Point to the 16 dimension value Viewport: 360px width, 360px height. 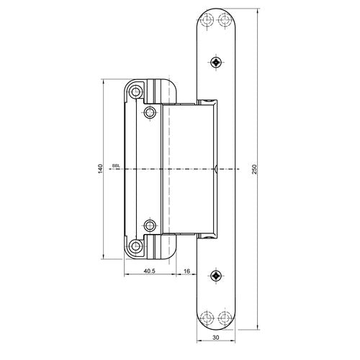point(187,271)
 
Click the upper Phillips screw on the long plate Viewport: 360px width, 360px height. point(216,63)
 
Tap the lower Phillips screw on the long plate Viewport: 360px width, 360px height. point(216,275)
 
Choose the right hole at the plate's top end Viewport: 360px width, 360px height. point(225,21)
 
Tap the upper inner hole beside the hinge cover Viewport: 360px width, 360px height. point(150,112)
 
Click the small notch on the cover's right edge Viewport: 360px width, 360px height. point(215,169)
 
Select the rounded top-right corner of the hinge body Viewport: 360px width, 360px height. point(174,86)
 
